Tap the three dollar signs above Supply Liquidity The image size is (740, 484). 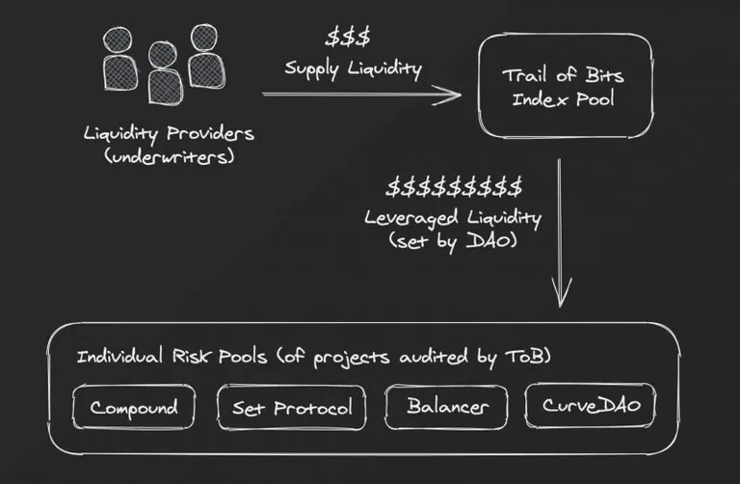point(348,37)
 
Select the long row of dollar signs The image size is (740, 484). point(455,187)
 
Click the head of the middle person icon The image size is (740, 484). point(162,54)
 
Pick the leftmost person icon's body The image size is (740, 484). point(120,72)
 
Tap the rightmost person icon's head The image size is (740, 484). point(204,38)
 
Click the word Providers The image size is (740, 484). point(210,134)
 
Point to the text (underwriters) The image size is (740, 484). point(170,156)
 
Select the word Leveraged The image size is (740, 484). point(411,218)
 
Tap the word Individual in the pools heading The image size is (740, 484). point(119,356)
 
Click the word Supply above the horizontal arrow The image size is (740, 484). point(311,69)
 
